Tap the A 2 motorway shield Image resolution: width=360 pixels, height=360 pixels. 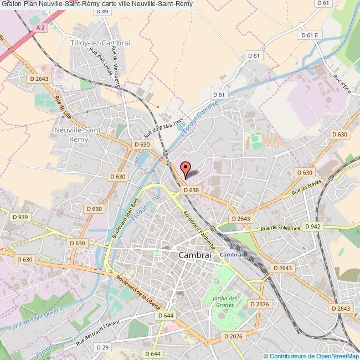[39, 26]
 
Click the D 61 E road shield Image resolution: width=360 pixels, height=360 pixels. [310, 35]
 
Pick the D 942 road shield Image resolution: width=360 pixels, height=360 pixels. [312, 226]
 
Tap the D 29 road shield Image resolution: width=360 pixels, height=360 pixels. [101, 347]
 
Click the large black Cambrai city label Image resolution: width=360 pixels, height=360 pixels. [195, 255]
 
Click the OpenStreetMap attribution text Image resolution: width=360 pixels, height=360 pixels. [312, 356]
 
